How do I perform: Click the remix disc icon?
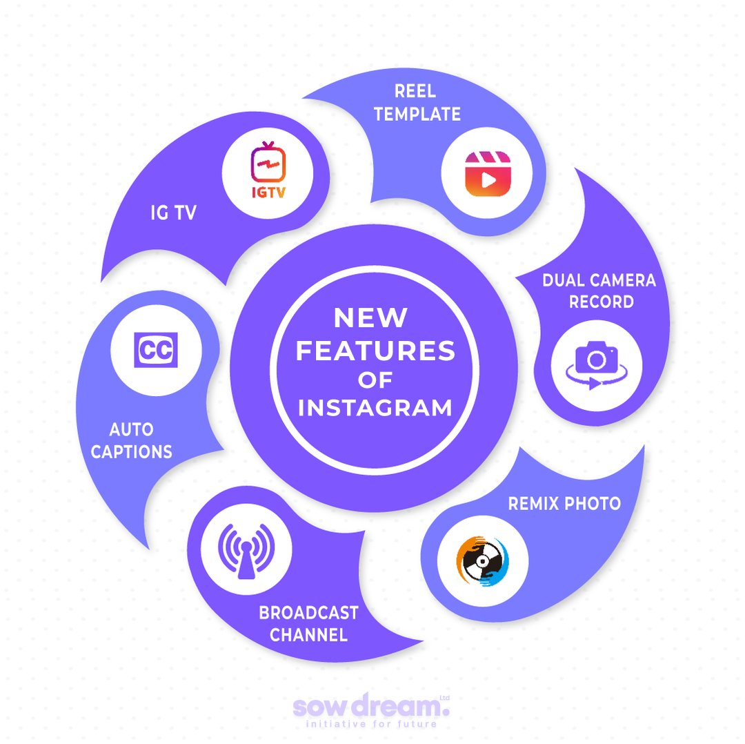pos(482,558)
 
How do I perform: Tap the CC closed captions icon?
pos(157,350)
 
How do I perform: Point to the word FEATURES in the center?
pos(375,351)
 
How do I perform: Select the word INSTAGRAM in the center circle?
pos(375,407)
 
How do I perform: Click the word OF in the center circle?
pos(375,380)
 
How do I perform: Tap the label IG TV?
pos(173,213)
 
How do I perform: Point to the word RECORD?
pos(602,302)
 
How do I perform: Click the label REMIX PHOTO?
pos(564,503)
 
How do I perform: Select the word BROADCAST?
pos(308,613)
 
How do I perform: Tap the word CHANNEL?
pos(308,634)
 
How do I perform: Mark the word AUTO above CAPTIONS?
pos(131,430)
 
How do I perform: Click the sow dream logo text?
pos(370,707)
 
